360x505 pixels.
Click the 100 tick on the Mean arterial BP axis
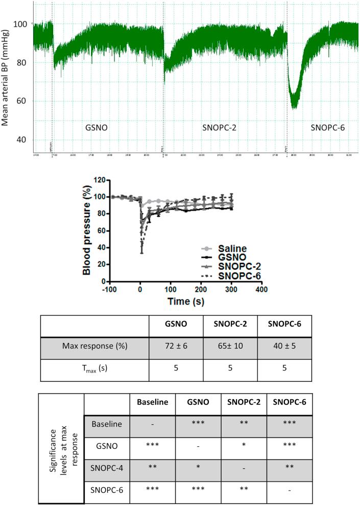(23, 24)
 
